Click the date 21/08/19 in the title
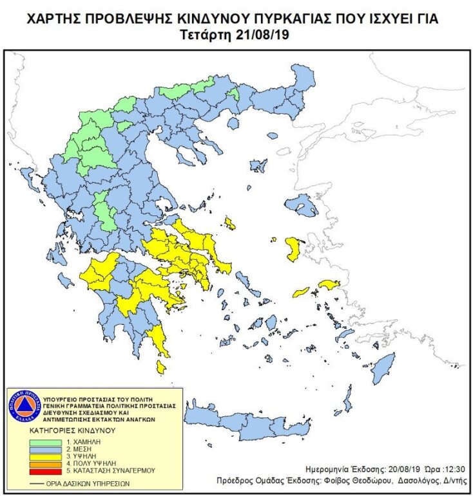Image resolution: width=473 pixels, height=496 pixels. click(262, 33)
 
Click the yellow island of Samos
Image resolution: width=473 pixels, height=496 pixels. click(329, 284)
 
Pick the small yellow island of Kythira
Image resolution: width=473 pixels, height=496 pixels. click(161, 367)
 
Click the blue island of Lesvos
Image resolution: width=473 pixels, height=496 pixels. click(299, 207)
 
